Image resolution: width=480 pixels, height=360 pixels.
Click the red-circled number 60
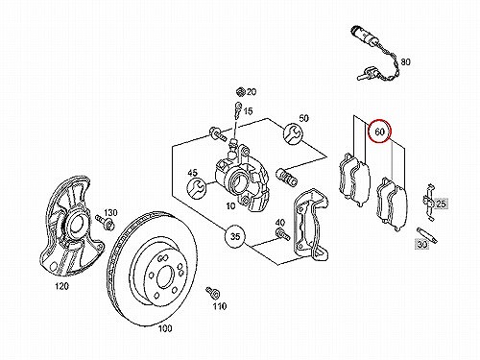[379, 132]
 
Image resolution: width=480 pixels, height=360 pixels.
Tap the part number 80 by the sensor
[405, 61]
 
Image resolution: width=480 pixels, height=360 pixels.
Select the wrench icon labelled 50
[292, 133]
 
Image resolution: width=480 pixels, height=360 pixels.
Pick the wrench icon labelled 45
[196, 189]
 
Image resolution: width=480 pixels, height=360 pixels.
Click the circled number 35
[235, 237]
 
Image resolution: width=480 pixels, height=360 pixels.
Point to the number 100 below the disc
[165, 328]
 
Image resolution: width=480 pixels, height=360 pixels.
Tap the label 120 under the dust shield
[61, 286]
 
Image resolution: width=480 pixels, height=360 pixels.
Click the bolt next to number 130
[104, 222]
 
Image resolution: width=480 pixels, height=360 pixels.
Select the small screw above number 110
[213, 292]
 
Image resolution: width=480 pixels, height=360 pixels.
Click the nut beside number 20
[240, 92]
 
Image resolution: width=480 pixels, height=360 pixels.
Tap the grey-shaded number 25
[441, 204]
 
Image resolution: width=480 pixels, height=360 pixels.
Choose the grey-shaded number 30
[422, 245]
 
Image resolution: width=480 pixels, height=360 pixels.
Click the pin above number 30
[427, 235]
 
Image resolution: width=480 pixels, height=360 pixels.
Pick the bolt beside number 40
[282, 234]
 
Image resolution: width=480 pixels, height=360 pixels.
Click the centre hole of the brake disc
[165, 277]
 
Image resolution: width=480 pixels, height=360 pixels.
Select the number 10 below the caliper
[230, 206]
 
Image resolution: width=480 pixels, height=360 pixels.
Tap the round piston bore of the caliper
[237, 183]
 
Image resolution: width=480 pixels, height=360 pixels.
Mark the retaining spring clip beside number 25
[428, 202]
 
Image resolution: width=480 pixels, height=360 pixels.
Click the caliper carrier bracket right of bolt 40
[311, 223]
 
